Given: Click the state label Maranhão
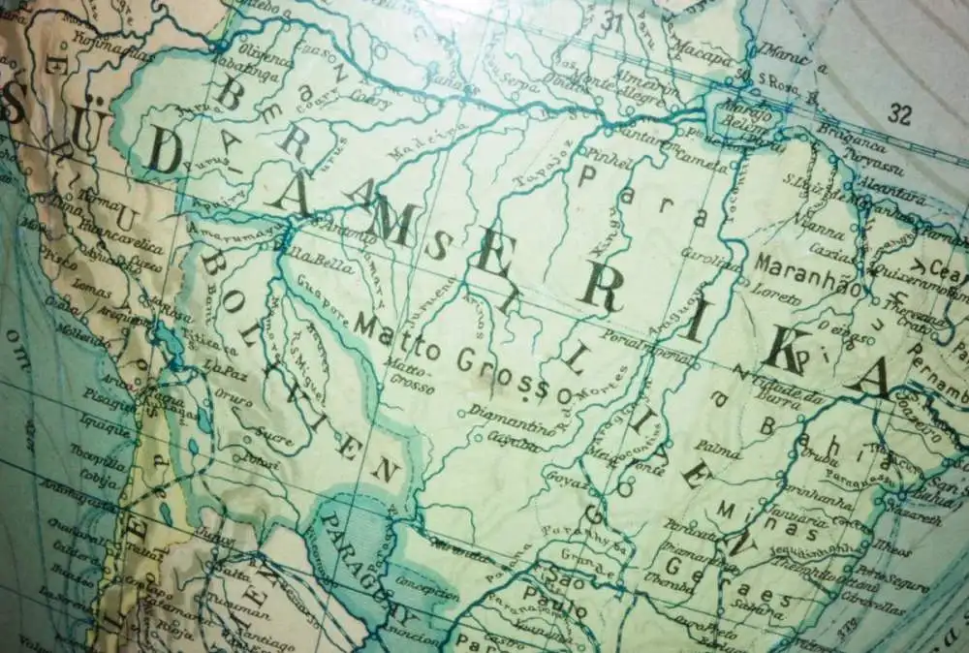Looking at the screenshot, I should coord(808,265).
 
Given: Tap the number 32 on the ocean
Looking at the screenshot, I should coord(900,114).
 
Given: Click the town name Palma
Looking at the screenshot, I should coord(718,449).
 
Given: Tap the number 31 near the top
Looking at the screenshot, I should coord(610,21).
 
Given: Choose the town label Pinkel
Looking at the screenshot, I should coord(603,155).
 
